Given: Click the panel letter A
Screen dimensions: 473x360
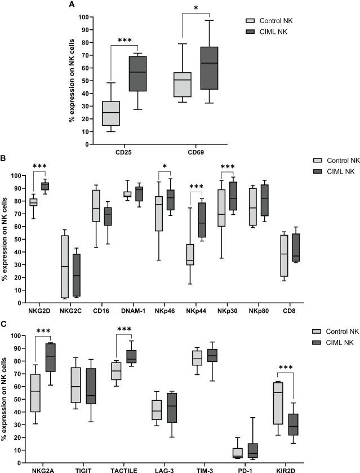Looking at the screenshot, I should click(72, 5).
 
